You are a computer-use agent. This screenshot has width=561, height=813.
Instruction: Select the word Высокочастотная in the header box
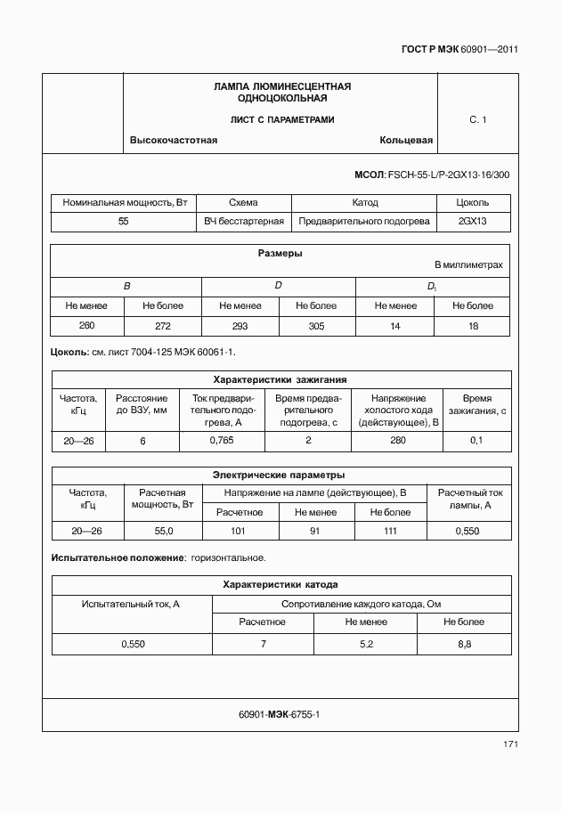point(174,141)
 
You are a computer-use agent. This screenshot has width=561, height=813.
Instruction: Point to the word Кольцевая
point(406,141)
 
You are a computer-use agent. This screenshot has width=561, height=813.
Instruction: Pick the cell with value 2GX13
point(473,221)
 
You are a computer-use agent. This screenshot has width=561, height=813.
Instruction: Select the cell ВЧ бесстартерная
point(243,221)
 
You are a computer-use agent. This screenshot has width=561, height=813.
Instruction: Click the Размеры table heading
point(280,253)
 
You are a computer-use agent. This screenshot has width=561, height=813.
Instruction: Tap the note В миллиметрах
point(468,265)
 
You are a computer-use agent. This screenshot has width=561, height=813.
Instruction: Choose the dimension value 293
point(240,327)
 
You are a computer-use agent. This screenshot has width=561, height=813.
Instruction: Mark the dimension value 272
point(163,327)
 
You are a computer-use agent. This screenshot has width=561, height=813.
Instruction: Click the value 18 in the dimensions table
point(472,327)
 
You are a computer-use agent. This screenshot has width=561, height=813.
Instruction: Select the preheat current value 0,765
point(221,441)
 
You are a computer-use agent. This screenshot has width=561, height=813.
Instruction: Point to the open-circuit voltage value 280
point(398,441)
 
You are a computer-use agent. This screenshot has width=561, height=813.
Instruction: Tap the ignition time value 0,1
point(476,441)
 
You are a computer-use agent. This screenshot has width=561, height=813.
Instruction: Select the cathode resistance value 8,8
point(463,643)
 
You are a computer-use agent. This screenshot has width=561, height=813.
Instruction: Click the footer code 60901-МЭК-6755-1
point(280,714)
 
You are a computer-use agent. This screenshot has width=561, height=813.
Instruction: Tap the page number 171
point(508,744)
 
